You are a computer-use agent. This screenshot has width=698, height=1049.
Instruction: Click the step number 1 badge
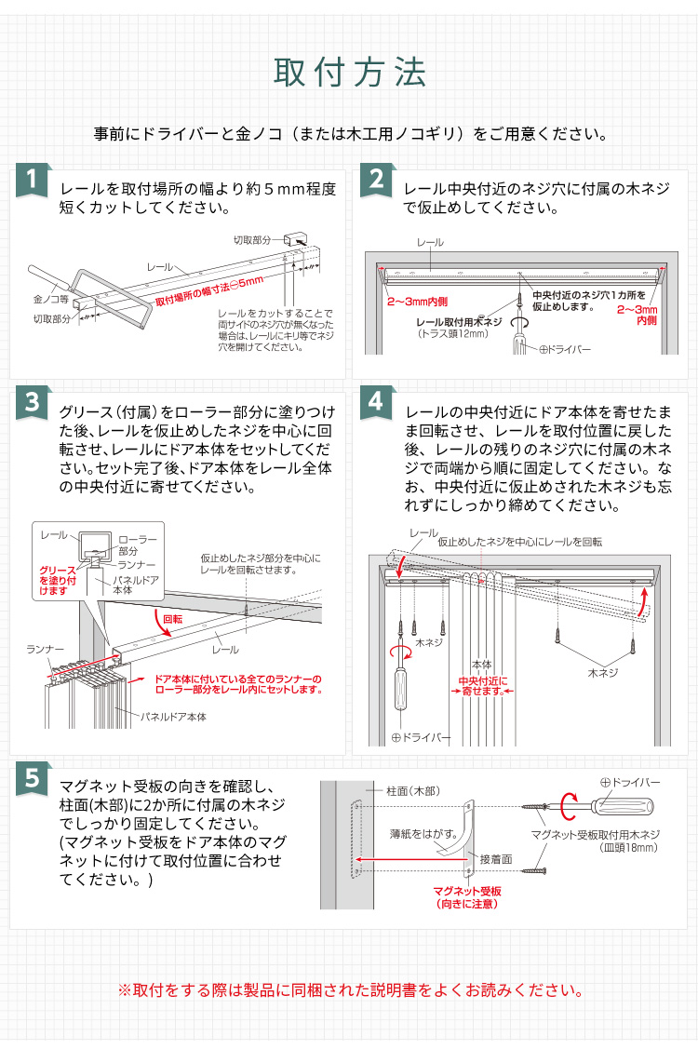click(x=34, y=182)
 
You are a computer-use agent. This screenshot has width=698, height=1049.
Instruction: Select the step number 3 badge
click(x=34, y=402)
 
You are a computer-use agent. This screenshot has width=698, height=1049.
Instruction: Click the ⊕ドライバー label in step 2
click(x=565, y=349)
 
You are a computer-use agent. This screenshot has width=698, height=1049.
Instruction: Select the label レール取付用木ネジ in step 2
click(x=459, y=321)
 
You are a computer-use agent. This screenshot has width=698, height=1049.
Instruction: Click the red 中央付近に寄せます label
click(x=482, y=686)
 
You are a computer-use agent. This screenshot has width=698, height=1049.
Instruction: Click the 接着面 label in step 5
click(x=495, y=859)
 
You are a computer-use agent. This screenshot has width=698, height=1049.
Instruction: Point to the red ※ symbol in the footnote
click(x=125, y=988)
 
